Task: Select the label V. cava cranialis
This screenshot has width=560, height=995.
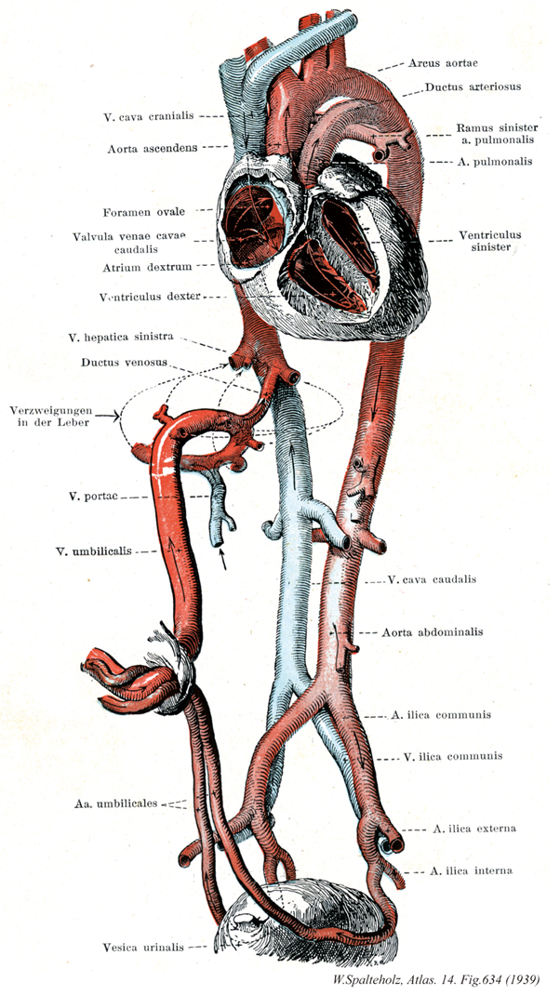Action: [148, 116]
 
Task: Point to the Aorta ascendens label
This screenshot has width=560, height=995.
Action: [152, 147]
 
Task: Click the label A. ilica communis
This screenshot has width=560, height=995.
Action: [441, 715]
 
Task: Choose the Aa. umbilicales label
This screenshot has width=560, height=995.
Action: [113, 802]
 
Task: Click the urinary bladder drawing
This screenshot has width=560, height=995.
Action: [307, 916]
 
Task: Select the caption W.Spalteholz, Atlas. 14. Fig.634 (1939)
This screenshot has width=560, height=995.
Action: [440, 978]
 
